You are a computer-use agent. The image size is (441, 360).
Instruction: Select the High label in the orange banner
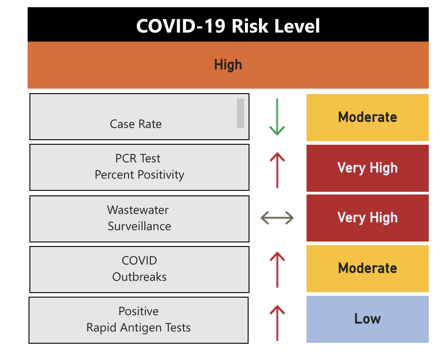tap(228, 65)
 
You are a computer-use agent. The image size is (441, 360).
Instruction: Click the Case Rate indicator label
tap(136, 124)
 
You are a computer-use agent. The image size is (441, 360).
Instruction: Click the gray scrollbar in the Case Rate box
tap(240, 113)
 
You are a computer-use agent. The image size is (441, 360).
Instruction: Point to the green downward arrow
tap(277, 117)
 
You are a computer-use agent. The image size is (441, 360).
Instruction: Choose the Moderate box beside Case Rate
tap(367, 118)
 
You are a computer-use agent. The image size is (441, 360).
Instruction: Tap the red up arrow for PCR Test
tap(277, 169)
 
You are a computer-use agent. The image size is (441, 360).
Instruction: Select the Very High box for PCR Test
tap(367, 168)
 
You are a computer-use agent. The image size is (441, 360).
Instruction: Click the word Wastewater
tap(138, 210)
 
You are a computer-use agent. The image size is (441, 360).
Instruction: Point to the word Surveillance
tap(139, 226)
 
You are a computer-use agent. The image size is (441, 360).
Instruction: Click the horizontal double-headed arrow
tap(277, 218)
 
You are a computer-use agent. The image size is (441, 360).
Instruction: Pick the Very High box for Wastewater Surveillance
tap(367, 218)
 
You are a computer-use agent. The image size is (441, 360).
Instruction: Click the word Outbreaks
tap(139, 277)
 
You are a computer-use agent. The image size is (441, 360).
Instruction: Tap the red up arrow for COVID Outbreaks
tap(277, 270)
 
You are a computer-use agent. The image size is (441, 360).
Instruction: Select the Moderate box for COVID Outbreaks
tap(367, 268)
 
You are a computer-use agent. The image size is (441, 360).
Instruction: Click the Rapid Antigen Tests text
tap(139, 327)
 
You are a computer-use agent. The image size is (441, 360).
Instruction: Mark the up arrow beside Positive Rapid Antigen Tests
tap(277, 322)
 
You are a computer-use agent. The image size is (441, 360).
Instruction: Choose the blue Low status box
tap(367, 319)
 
